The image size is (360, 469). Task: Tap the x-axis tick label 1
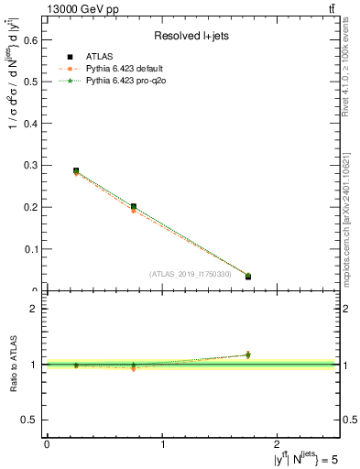click(163, 443)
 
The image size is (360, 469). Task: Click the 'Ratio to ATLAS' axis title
click(12, 364)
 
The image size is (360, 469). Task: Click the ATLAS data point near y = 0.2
click(134, 207)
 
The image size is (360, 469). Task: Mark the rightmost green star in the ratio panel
click(248, 354)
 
